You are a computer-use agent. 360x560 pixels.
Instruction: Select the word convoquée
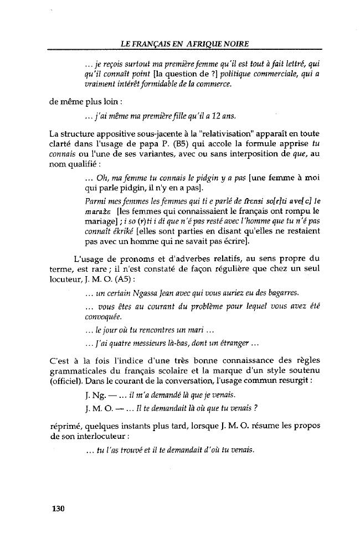coord(102,317)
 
